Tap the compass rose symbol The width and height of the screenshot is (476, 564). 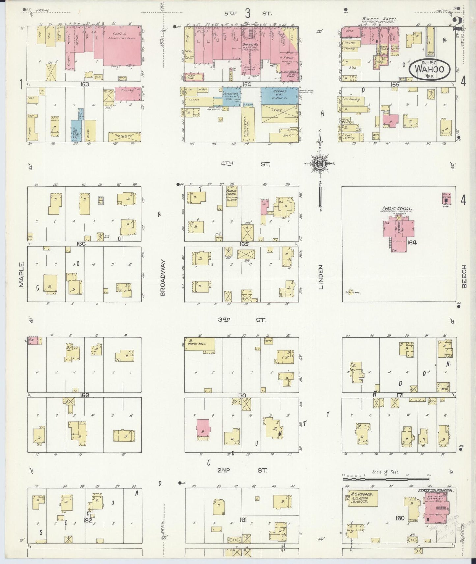319,163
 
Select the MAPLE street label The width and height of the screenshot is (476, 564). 22,274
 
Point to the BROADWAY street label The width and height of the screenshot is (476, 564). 162,277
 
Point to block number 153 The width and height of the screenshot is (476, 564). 85,84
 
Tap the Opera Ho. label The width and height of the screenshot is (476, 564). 248,45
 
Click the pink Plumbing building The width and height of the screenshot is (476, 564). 127,93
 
